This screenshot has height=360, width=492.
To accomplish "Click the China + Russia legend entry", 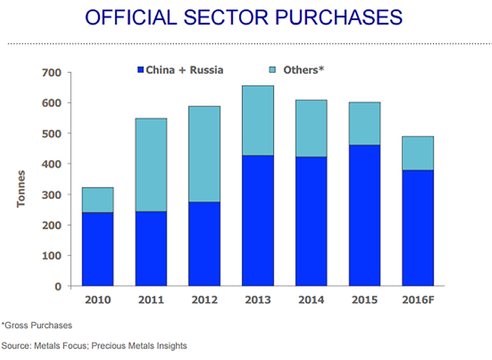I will (180, 70).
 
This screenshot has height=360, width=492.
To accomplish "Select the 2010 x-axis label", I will (98, 301).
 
